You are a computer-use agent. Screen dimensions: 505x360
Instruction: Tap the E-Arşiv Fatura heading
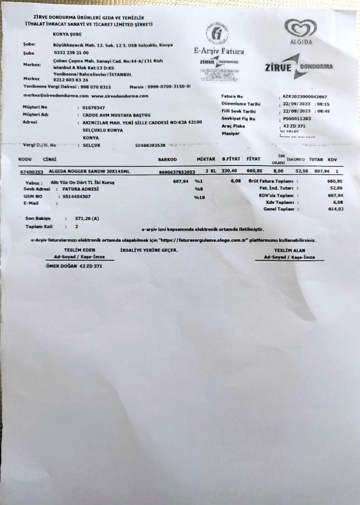pos(219,52)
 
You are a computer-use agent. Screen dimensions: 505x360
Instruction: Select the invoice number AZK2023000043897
pos(304,97)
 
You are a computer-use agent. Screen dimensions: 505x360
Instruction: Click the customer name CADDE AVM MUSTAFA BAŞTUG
pos(116,115)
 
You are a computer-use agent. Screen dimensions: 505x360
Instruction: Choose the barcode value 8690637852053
pos(176,172)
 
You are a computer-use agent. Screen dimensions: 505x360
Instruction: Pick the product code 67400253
pos(32,172)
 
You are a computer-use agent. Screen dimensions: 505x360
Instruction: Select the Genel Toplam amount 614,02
pos(335,209)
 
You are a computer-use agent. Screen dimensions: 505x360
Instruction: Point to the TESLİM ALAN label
pos(289,251)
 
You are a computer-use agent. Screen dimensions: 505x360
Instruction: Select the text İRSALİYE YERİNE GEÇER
pos(149,250)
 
